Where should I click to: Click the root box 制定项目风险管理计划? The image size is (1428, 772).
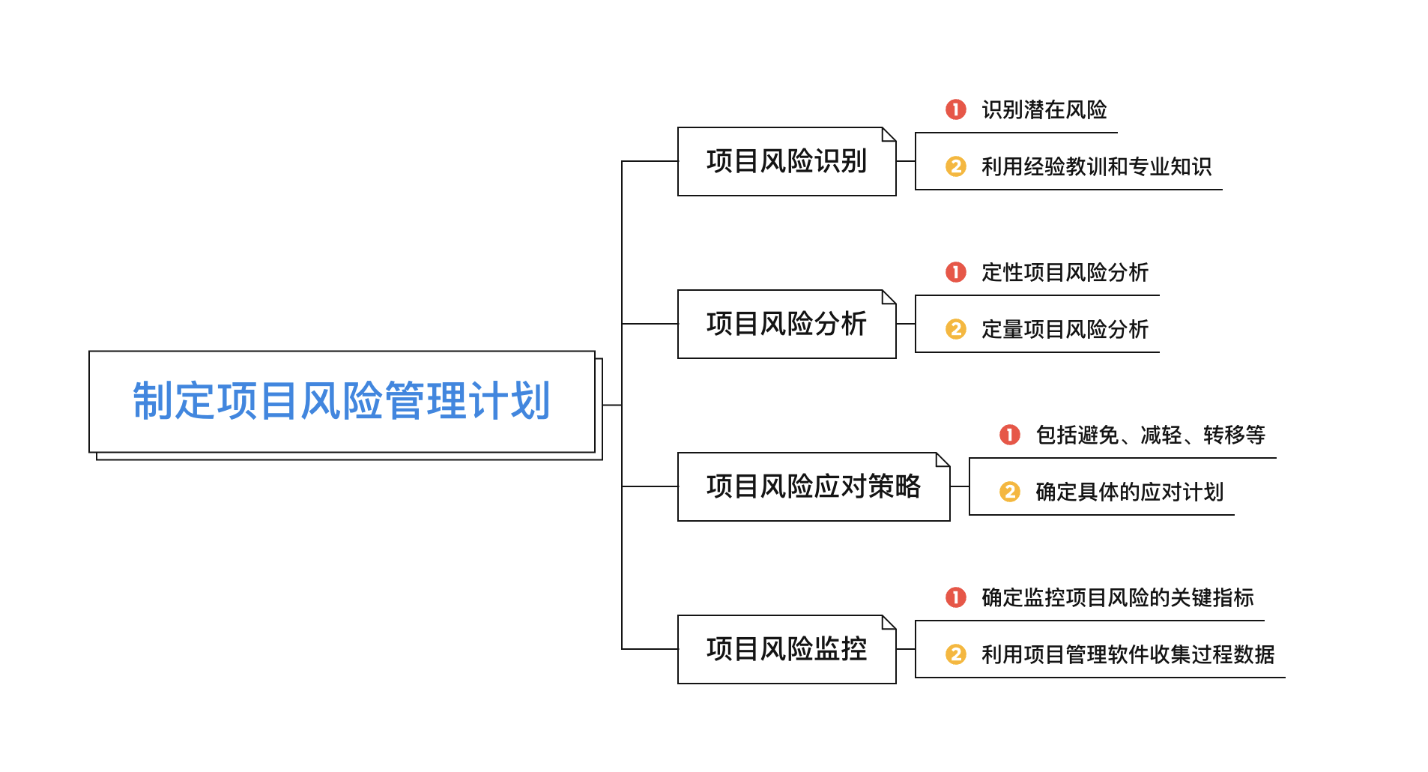[342, 401]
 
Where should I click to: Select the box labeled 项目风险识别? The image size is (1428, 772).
[786, 161]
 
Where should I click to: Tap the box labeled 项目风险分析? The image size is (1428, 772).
[786, 324]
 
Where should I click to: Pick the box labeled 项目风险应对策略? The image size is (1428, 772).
[813, 486]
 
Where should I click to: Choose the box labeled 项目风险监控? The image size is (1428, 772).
[786, 649]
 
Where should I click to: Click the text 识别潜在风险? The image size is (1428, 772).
[1044, 110]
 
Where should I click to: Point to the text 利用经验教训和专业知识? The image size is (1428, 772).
[1096, 166]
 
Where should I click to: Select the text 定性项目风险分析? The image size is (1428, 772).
[1065, 273]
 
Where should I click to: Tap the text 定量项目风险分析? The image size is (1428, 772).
[1065, 329]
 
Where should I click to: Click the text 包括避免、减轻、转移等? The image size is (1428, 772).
[1150, 435]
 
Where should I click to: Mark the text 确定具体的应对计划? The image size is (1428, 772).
[1129, 492]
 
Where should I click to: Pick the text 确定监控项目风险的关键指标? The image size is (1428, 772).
[1117, 598]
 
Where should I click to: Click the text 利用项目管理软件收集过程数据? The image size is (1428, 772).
[1128, 654]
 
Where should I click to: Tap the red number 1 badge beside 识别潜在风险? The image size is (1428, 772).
[956, 110]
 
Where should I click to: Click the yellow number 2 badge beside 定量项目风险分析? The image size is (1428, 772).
[956, 329]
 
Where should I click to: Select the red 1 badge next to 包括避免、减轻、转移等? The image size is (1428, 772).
[1010, 435]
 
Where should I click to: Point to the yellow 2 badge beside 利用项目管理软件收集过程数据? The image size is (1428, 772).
[956, 654]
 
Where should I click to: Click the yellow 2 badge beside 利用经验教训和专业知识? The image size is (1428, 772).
[956, 166]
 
